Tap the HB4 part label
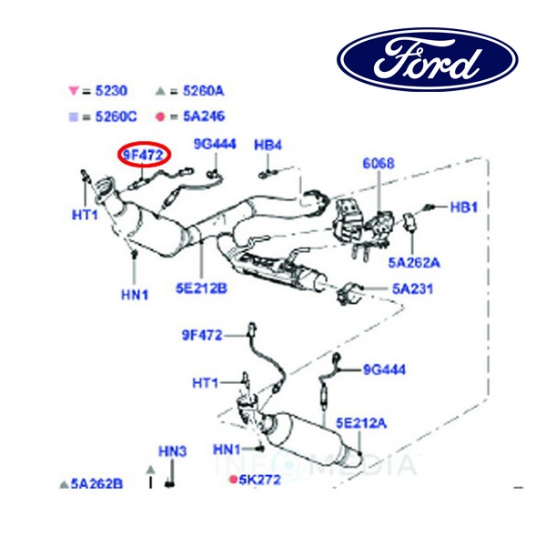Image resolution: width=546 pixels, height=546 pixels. [268, 145]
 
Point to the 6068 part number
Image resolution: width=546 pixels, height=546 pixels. [379, 164]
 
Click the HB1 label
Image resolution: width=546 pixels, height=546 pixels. [464, 207]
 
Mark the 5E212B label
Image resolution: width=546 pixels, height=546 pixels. [201, 289]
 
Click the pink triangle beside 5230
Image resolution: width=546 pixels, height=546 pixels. [73, 91]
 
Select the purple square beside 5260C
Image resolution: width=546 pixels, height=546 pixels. [73, 116]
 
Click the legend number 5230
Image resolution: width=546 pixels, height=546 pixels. [111, 91]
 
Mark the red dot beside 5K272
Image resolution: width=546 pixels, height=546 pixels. [233, 479]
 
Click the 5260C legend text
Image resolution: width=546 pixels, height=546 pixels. [115, 116]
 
